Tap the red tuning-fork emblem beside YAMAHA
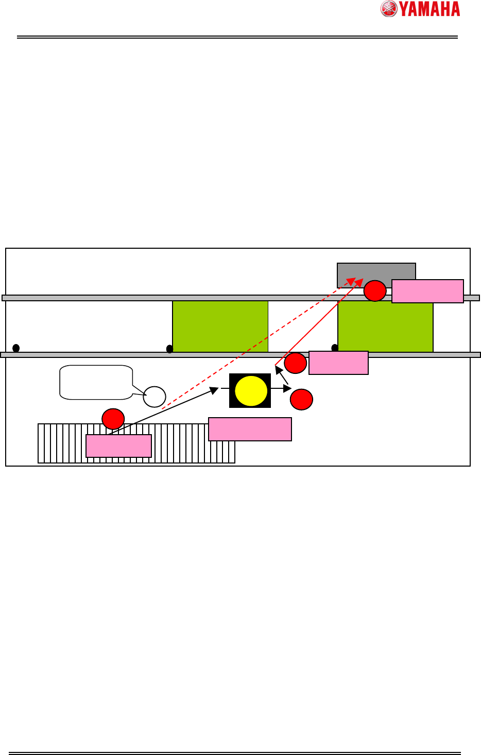389,9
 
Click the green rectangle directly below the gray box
385,327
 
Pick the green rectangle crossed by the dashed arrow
220,327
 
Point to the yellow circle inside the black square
251,391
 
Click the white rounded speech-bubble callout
96,382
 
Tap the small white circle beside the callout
154,397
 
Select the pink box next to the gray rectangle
427,291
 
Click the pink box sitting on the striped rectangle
118,446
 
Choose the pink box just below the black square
250,429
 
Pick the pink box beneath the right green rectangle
338,363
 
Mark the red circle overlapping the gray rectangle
375,291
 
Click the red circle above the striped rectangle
113,419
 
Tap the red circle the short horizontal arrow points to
301,399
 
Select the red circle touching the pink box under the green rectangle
296,363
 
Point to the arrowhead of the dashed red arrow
351,280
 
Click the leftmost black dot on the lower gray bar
16,348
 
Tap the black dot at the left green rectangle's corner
170,349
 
